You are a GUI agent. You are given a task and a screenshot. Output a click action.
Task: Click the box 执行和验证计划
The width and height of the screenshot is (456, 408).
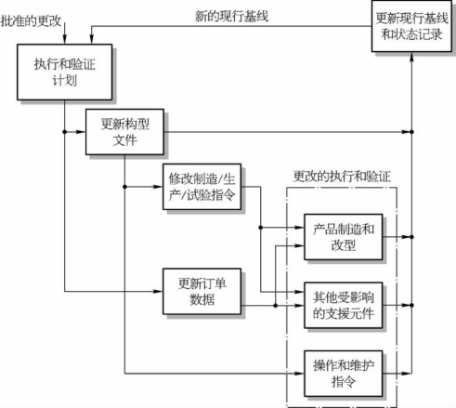(x=64, y=72)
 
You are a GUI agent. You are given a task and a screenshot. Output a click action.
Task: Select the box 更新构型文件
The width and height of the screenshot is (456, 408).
(x=124, y=132)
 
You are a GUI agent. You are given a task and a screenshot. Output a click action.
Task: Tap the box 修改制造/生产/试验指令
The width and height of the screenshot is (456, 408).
(x=202, y=187)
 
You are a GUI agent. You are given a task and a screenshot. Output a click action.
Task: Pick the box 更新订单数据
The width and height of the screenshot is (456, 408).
(x=202, y=291)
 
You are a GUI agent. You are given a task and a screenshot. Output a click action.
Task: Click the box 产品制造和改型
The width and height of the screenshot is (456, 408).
(x=344, y=237)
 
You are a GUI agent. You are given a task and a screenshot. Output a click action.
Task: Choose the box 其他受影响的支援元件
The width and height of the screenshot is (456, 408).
(x=344, y=305)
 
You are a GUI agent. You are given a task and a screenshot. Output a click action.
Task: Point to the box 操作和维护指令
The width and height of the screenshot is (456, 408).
(x=344, y=374)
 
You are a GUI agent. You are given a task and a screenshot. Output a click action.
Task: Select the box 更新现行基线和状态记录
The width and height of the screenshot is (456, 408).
(x=411, y=26)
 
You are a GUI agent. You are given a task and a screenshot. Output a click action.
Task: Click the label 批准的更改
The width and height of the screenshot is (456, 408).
(x=31, y=20)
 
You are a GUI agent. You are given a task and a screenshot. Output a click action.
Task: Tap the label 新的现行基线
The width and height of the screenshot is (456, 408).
(x=231, y=16)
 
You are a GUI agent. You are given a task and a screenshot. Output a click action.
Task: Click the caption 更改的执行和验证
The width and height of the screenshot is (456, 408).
(x=342, y=177)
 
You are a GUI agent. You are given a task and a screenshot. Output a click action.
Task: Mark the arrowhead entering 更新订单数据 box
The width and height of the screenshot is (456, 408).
(x=158, y=291)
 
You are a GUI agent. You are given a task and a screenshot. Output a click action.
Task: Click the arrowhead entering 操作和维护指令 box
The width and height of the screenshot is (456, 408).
(x=300, y=374)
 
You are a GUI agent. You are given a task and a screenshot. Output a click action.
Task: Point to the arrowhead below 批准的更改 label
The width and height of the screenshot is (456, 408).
(x=64, y=39)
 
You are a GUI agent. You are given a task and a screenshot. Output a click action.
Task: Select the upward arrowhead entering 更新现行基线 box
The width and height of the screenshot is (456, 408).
(x=411, y=57)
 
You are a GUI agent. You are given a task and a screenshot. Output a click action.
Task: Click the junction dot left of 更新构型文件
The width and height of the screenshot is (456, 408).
(x=64, y=132)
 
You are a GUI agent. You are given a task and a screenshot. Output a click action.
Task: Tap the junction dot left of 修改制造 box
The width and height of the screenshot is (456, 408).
(x=124, y=187)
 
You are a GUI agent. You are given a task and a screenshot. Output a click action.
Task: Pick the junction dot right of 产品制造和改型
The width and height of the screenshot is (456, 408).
(x=411, y=237)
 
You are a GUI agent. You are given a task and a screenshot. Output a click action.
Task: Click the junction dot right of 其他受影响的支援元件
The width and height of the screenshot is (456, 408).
(x=411, y=305)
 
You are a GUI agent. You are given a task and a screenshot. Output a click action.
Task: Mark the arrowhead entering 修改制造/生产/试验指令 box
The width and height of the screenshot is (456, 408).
(x=158, y=187)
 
